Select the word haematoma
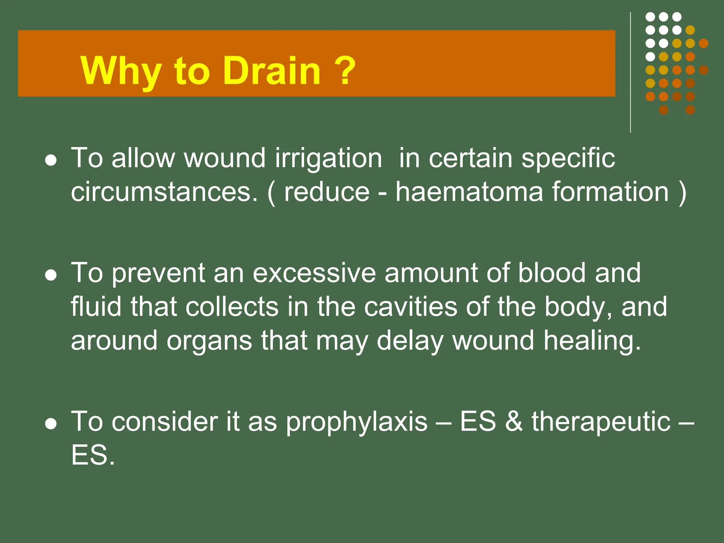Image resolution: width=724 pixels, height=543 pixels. pyautogui.click(x=469, y=192)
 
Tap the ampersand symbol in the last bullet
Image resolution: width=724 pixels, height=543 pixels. pyautogui.click(x=514, y=421)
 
